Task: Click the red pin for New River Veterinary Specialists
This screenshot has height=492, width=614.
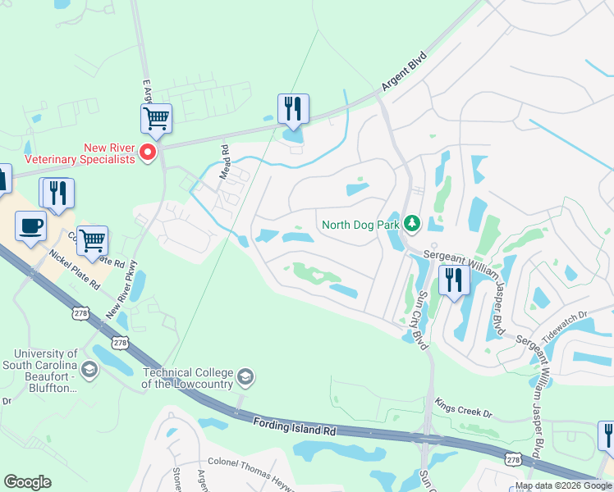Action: (149, 153)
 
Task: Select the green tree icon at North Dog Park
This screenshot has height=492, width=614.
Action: (413, 223)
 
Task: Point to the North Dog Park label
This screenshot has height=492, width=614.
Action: (360, 224)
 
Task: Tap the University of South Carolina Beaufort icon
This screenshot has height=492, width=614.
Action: (89, 371)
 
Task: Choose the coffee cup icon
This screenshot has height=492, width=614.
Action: (31, 226)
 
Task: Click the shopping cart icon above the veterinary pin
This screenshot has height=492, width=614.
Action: (156, 118)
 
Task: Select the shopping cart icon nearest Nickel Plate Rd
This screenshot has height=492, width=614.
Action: (93, 240)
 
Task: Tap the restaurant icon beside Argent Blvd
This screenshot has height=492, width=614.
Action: (293, 108)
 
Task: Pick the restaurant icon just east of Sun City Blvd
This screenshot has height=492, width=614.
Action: (454, 280)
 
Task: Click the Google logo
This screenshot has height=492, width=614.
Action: (27, 482)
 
